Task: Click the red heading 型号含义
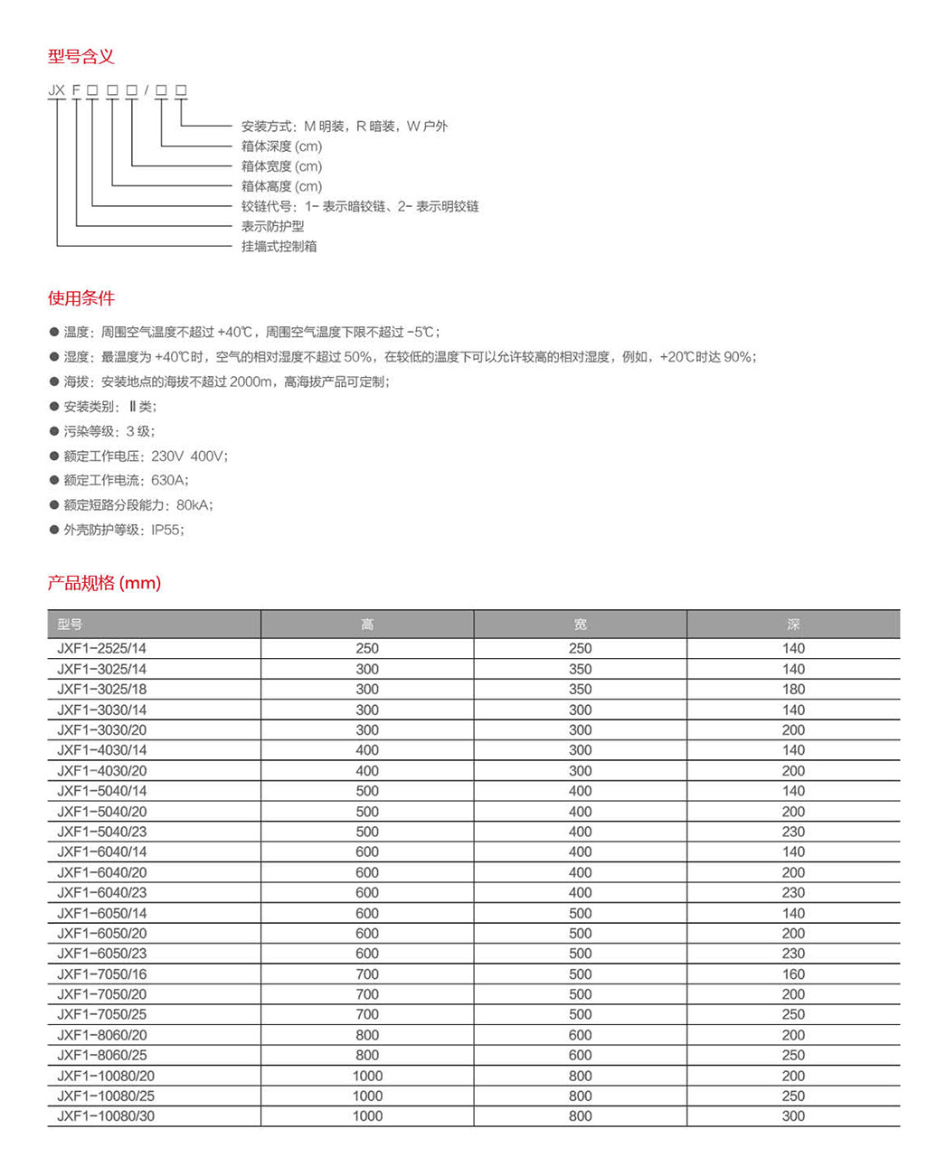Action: [81, 57]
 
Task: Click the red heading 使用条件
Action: [81, 298]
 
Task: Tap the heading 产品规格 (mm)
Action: [104, 583]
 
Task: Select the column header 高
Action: [367, 625]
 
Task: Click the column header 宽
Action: [581, 625]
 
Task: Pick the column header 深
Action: [793, 625]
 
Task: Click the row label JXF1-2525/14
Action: [101, 648]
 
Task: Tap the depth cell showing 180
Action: [793, 689]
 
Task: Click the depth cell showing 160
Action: [793, 974]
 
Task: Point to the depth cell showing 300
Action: [793, 1115]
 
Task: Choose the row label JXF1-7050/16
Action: [101, 974]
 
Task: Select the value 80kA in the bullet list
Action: [194, 505]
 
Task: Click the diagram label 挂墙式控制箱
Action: [279, 246]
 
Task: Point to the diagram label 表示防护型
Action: [272, 226]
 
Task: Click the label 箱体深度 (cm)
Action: [281, 146]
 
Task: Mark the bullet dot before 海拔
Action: [54, 381]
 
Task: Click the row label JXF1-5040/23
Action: [101, 832]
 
